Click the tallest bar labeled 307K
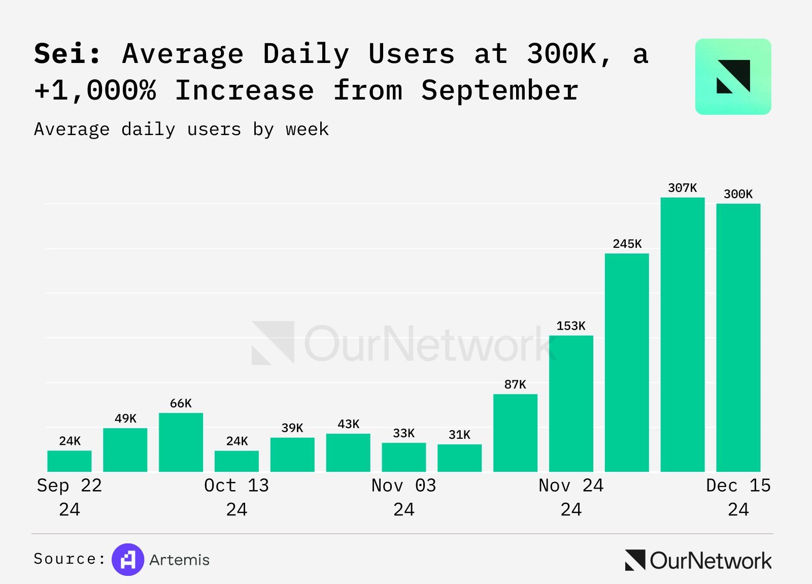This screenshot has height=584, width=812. pos(683,335)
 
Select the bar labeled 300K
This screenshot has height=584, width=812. pos(738,338)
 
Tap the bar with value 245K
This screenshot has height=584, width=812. pos(627,363)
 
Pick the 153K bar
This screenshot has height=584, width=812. pos(571,404)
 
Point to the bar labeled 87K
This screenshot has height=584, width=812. pos(515,433)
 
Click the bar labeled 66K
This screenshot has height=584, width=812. pos(181,442)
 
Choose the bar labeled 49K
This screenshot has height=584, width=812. pos(125,450)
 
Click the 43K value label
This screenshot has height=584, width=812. pos(348,424)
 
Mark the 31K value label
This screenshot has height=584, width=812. pos(459,435)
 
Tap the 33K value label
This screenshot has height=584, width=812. pos(403,433)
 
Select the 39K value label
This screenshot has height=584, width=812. pos(292,428)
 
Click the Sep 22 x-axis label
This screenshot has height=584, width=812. pos(70,486)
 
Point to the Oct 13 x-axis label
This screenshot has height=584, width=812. pos(236,486)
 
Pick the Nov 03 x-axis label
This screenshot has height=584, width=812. pos(403,486)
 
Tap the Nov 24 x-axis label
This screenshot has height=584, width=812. pos(571,486)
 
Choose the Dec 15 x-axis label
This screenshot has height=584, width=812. pos(738,486)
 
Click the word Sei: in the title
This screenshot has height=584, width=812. pos(67,53)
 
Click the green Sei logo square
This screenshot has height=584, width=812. pos(733,77)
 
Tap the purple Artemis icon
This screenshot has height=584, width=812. pos(128,560)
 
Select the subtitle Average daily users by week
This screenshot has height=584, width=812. pos(181,129)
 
